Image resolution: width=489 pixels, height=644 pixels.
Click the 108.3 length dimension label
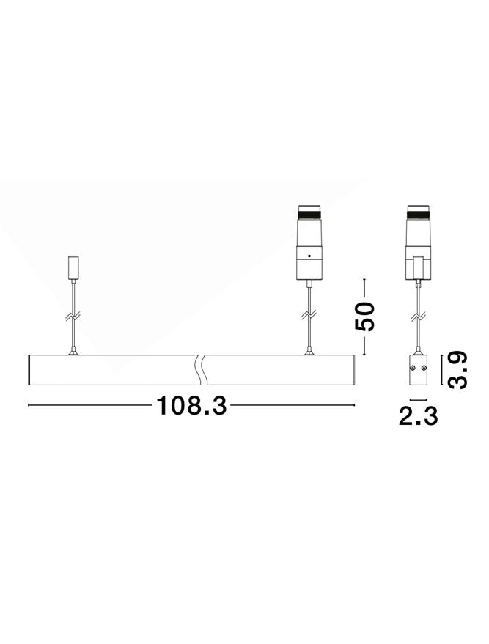pos(191,405)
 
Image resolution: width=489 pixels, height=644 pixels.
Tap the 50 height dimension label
pos(365,317)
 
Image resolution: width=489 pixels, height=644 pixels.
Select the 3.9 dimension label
pos(457,370)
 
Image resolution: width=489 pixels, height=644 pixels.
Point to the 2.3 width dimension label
pos(419,416)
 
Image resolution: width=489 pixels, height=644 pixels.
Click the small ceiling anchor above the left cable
pos(73,267)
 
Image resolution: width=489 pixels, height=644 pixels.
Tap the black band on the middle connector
pos(309,214)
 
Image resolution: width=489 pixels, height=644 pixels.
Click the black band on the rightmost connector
pos(419,214)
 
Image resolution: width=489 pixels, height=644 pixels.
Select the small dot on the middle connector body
pos(309,256)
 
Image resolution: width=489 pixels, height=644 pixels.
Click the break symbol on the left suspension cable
pos(73,317)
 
